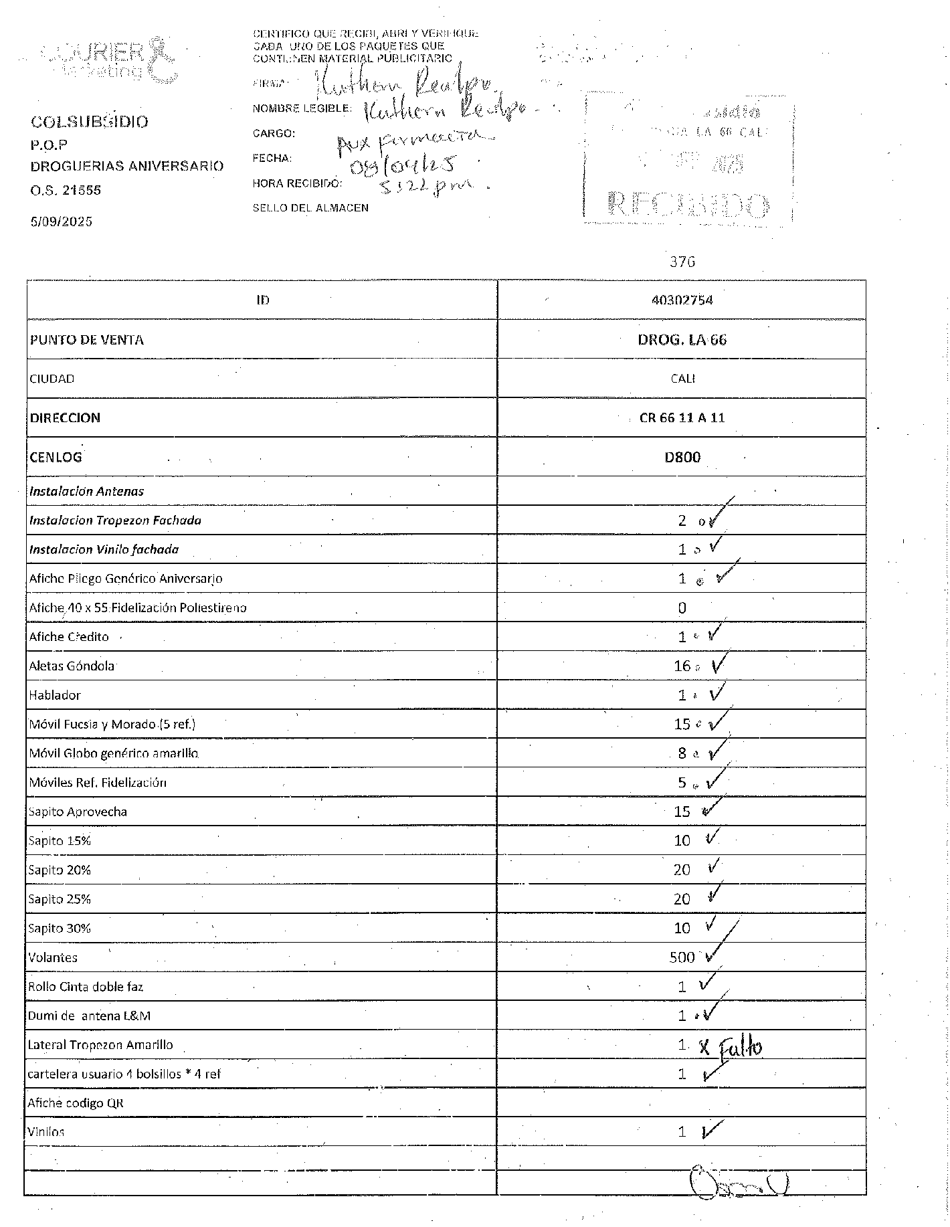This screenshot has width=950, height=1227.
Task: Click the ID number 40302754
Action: point(682,300)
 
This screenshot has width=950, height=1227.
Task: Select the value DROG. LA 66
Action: point(682,340)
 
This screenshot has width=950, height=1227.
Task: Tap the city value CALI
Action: point(682,379)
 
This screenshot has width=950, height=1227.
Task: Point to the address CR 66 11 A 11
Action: point(682,418)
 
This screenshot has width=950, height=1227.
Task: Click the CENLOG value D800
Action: point(682,458)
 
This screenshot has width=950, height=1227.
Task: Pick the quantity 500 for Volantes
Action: point(682,957)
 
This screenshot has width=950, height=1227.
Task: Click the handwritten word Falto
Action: point(741,1046)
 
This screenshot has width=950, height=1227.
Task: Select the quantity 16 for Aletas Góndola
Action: point(682,666)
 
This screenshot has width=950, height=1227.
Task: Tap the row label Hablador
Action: point(55,695)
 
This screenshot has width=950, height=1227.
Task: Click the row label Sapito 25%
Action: point(59,899)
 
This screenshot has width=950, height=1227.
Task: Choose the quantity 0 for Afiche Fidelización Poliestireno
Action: point(682,608)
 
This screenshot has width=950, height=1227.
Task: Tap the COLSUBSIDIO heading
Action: point(90,122)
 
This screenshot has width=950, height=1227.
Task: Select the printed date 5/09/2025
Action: point(61,221)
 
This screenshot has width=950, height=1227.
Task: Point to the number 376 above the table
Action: point(682,262)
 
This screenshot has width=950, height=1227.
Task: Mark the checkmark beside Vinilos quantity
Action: point(712,1131)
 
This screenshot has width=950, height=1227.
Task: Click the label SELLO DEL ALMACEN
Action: point(310,208)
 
